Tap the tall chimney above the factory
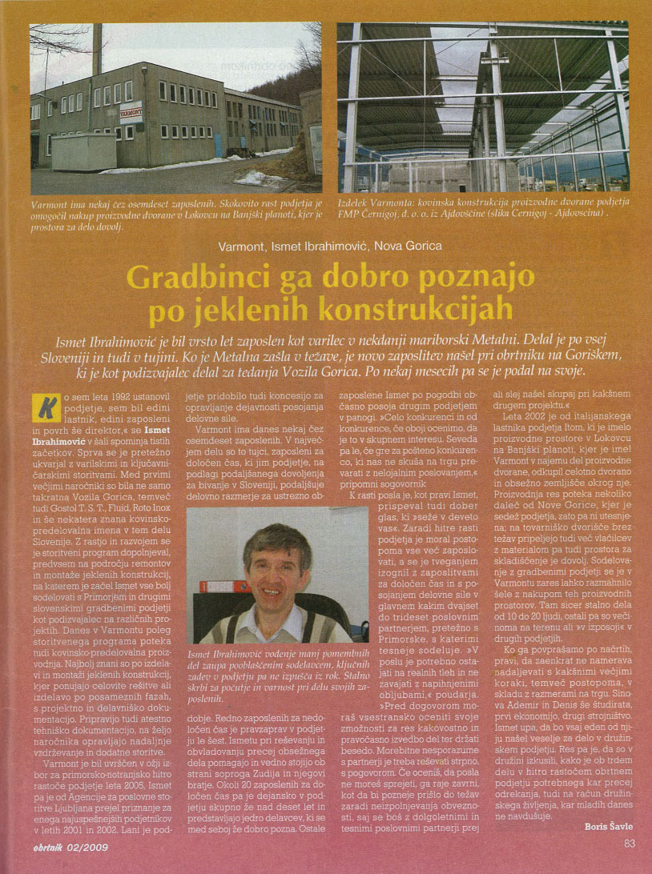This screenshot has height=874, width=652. [x=97, y=49]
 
